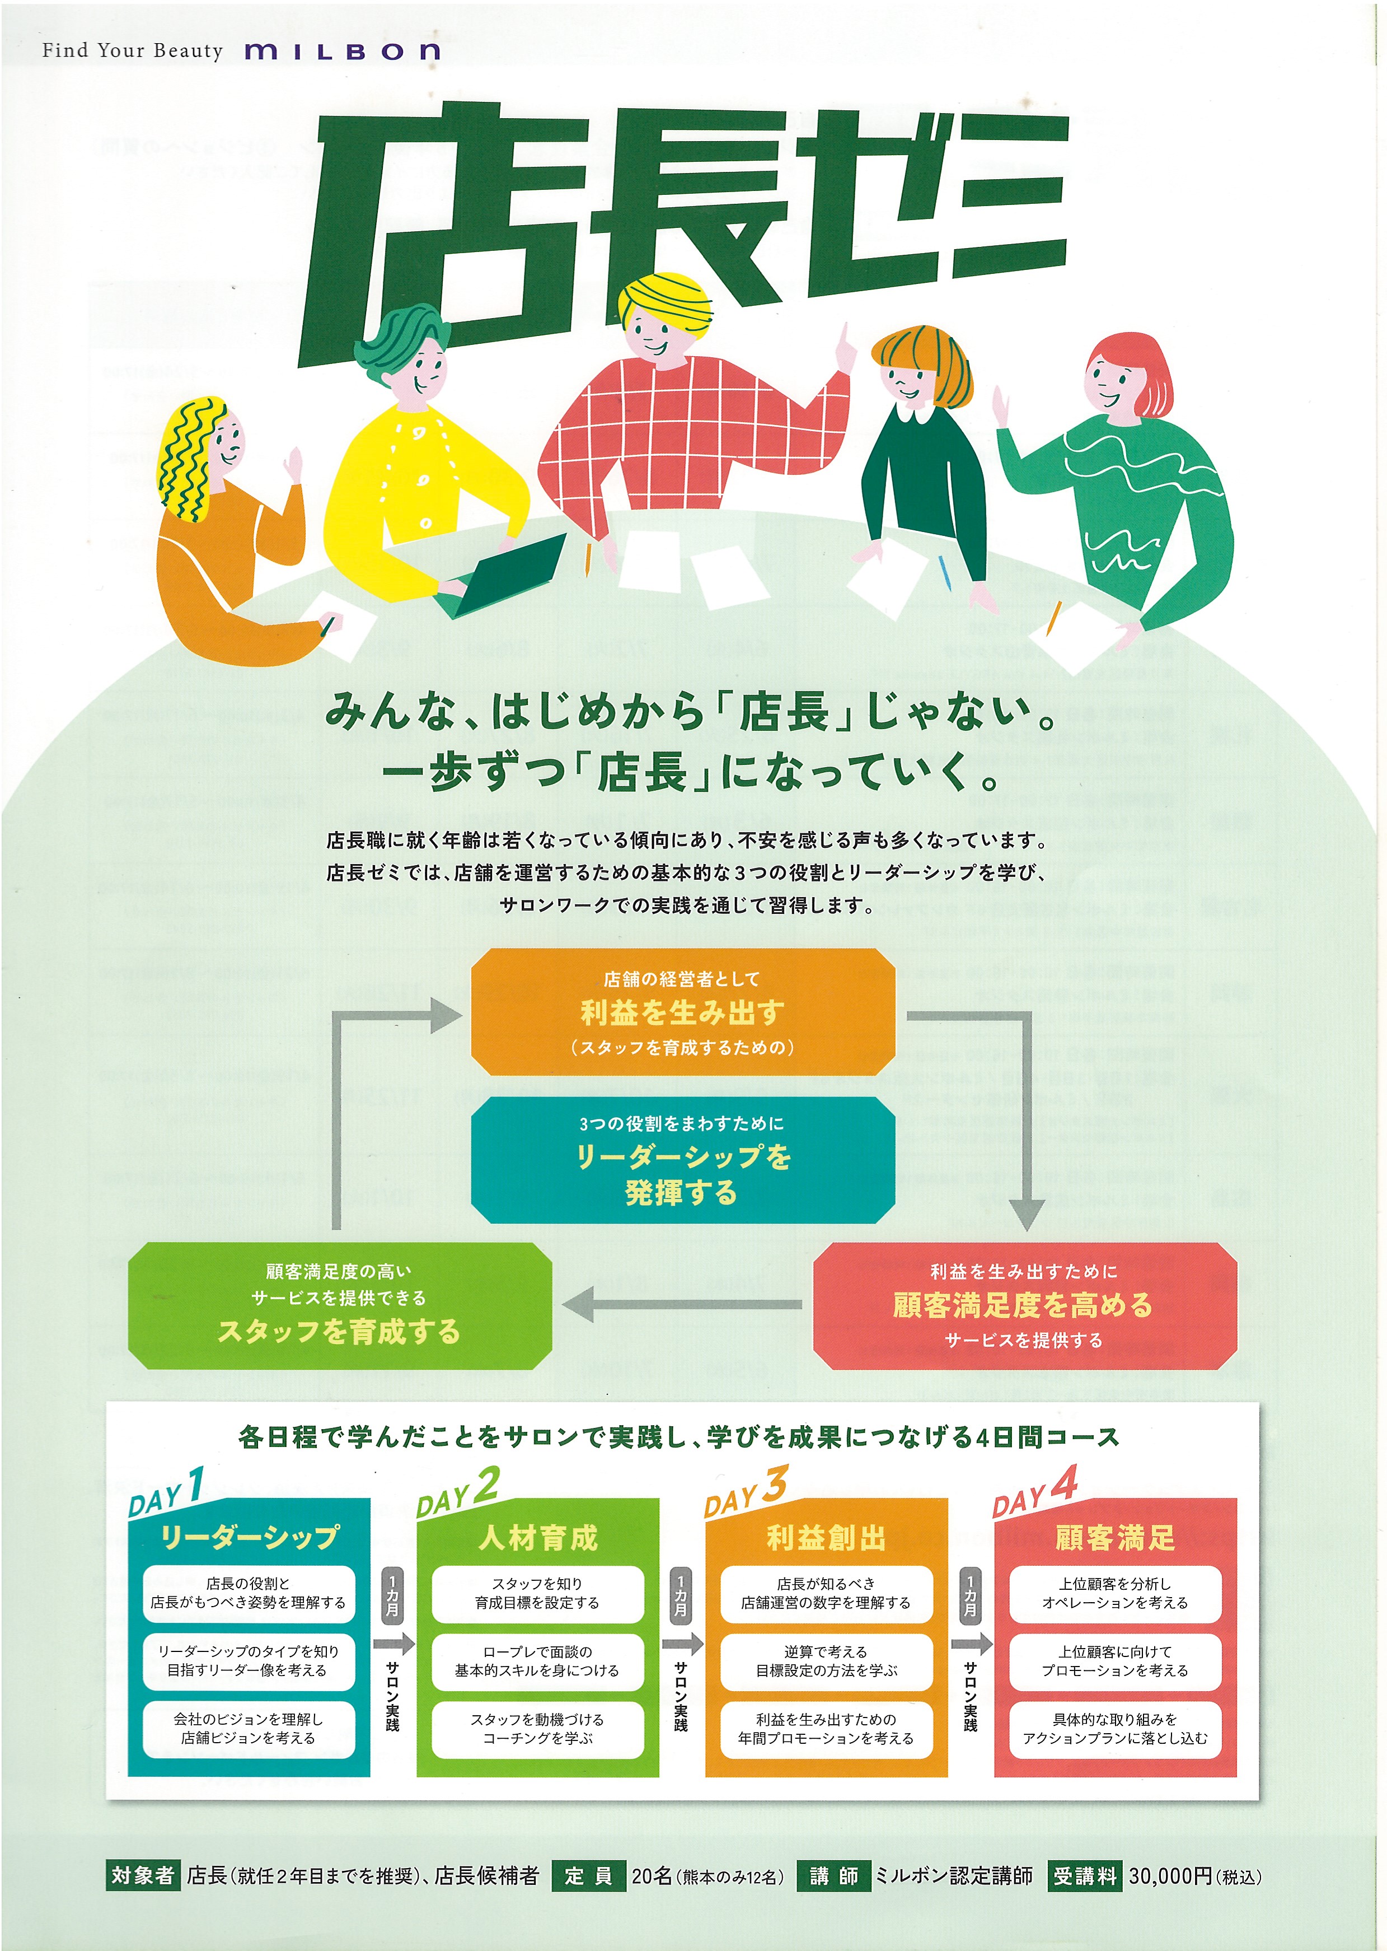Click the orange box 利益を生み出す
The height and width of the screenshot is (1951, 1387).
(682, 1011)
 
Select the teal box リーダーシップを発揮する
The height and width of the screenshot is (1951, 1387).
(682, 1160)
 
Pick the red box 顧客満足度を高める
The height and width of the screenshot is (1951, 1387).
(1024, 1305)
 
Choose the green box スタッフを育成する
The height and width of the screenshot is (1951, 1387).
(339, 1305)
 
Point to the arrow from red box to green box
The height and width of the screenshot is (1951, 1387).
(682, 1304)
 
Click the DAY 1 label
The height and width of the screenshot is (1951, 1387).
(167, 1491)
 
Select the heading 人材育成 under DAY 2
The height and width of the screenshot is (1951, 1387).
(538, 1538)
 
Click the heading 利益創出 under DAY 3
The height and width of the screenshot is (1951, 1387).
(826, 1538)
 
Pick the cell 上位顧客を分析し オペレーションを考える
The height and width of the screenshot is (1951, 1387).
(1114, 1593)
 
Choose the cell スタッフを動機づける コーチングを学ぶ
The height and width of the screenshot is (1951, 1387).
(537, 1729)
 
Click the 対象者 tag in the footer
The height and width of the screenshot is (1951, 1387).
(143, 1876)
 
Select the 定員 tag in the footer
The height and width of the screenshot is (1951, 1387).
(588, 1876)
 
